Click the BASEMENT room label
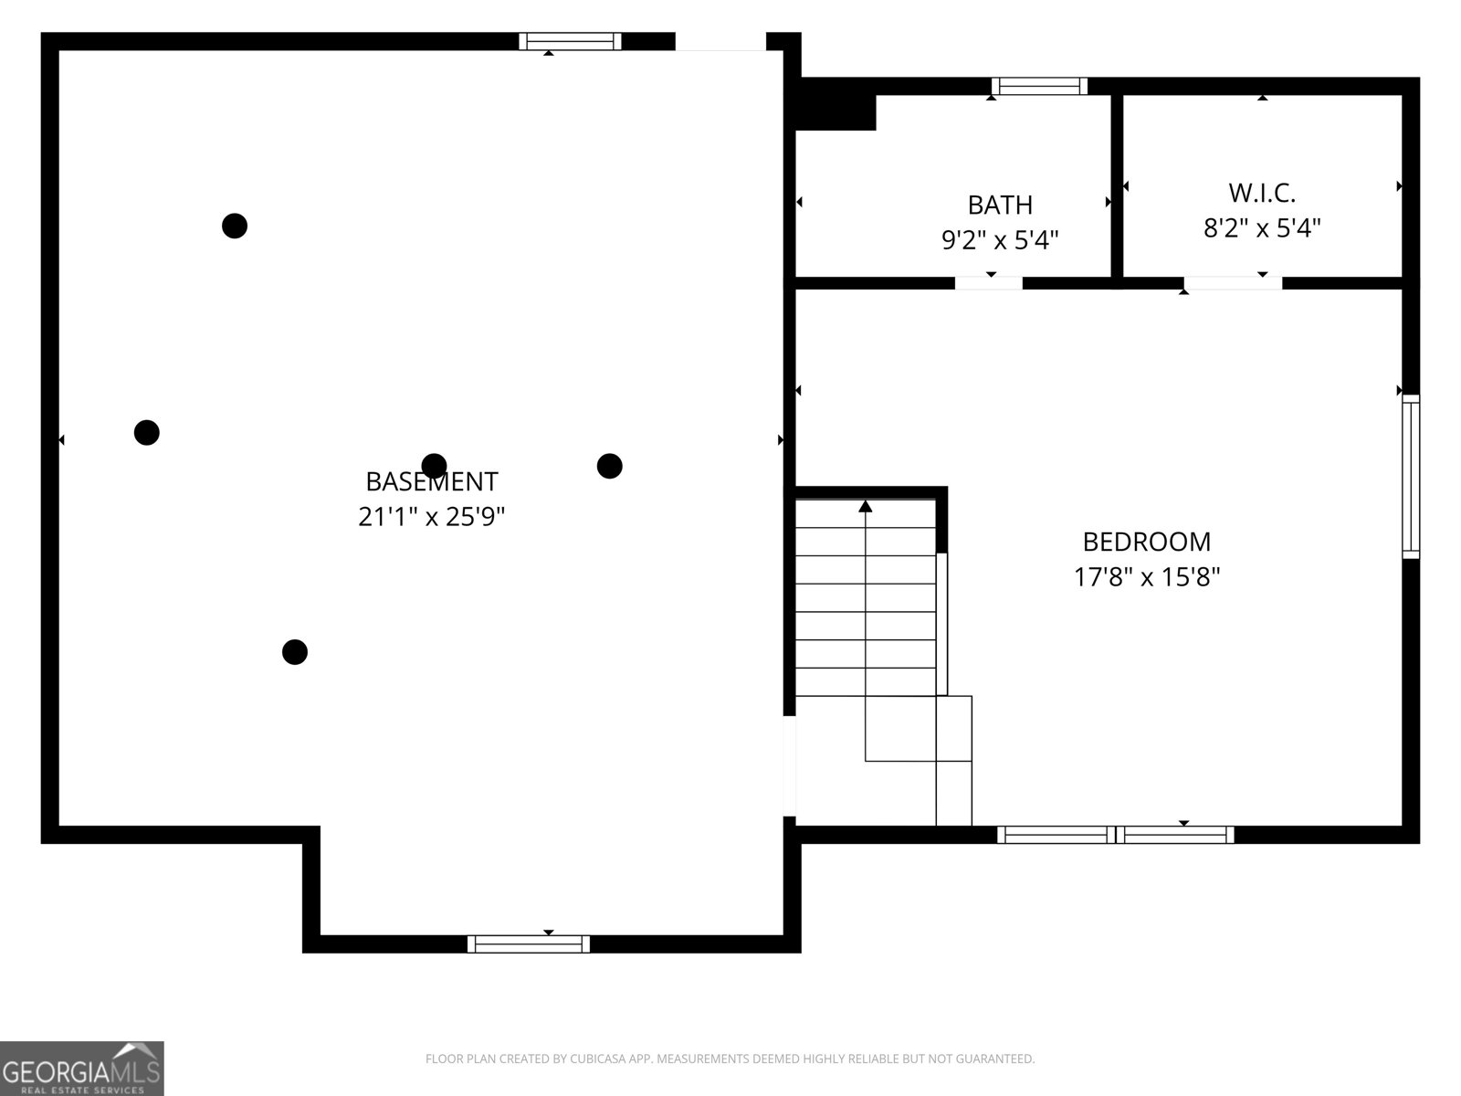click(x=431, y=481)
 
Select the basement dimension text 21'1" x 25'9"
click(x=431, y=517)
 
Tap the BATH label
click(x=1000, y=205)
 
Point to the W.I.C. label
click(x=1262, y=193)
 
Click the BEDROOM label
click(x=1147, y=542)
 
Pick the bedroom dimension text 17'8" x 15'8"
click(x=1147, y=577)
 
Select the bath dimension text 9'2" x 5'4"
click(x=1000, y=240)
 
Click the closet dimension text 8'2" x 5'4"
click(x=1262, y=228)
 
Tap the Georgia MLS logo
click(x=81, y=1069)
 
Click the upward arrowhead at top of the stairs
click(x=866, y=506)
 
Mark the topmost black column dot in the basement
click(x=235, y=225)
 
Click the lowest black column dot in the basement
click(x=294, y=652)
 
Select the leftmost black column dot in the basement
click(x=147, y=432)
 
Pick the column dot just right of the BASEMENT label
click(x=610, y=466)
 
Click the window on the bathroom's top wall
click(x=1039, y=87)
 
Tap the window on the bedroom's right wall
click(x=1411, y=476)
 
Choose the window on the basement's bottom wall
click(x=529, y=943)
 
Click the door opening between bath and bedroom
click(x=988, y=282)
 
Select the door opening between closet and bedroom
click(x=1233, y=282)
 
